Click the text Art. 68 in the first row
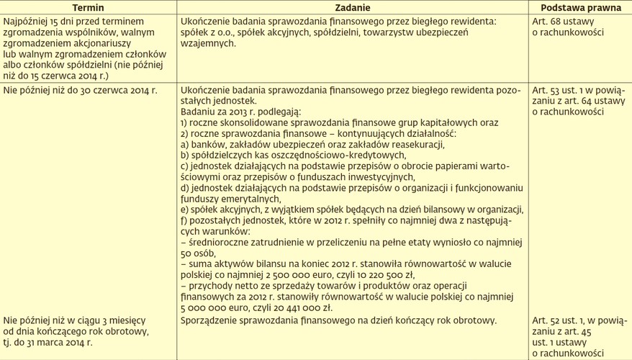[545, 22]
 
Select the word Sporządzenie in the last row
[212, 320]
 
